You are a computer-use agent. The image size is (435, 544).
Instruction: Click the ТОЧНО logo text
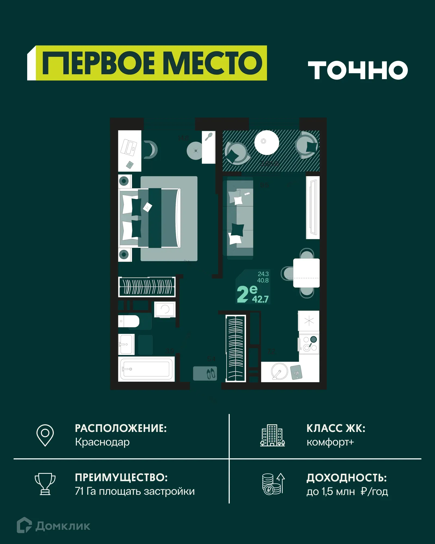[358, 70]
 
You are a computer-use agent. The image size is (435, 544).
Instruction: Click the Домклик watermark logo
[54, 526]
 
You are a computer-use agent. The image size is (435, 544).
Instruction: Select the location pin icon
[45, 435]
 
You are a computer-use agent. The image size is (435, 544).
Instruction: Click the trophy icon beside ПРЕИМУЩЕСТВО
[45, 484]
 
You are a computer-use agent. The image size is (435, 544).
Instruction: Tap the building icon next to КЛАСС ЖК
[272, 435]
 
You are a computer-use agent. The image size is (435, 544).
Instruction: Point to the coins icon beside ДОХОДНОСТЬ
[273, 484]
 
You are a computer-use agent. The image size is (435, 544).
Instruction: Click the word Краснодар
[102, 442]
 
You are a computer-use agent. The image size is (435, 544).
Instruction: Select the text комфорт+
[330, 442]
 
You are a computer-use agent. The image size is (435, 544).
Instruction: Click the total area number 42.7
[260, 299]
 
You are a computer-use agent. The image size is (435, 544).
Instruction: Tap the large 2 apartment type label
[243, 294]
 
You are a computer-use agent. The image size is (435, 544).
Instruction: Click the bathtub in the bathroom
[146, 369]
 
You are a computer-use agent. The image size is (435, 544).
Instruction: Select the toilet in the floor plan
[129, 321]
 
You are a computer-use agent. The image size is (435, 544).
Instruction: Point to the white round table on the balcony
[266, 142]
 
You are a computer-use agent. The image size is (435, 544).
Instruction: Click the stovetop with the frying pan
[309, 344]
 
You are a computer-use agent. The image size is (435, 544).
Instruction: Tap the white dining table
[306, 273]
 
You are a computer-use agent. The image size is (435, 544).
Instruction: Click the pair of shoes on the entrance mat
[211, 373]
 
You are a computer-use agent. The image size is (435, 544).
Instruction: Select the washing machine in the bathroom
[165, 309]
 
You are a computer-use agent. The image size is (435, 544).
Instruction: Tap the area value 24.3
[263, 274]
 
